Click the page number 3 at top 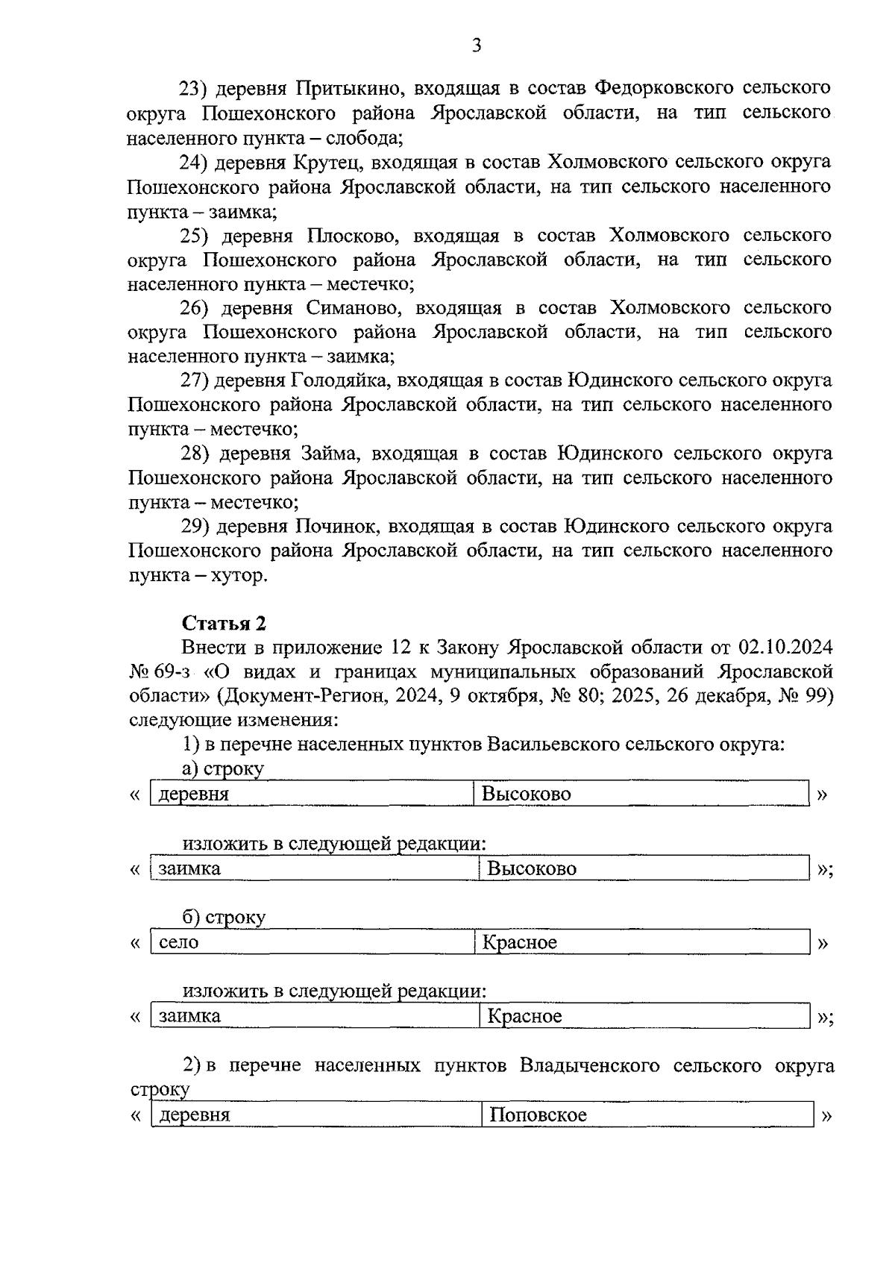pos(477,46)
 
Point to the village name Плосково pos(351,236)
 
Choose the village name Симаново pos(356,308)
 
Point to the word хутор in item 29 pos(237,576)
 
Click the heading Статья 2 pos(224,623)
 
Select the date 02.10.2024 pos(785,647)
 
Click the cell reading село pos(179,942)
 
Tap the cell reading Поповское pos(538,1115)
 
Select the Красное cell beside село pos(519,942)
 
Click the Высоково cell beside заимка pos(532,868)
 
